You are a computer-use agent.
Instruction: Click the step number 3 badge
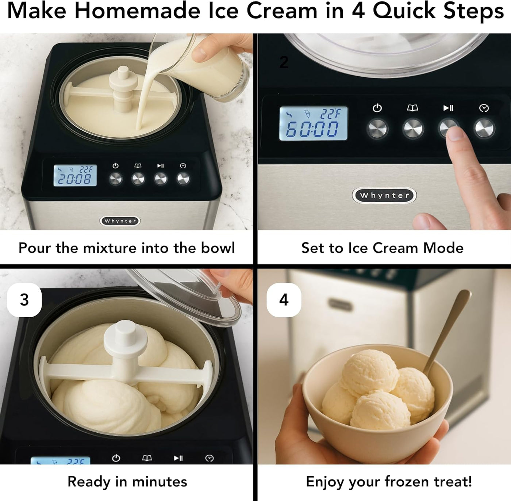[x=24, y=300]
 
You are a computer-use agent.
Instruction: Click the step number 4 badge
[x=284, y=300]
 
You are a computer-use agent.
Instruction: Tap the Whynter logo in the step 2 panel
[x=384, y=195]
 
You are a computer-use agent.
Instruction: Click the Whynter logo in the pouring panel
[x=120, y=221]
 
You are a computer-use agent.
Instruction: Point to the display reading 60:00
[x=313, y=124]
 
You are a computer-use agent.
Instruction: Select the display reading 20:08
[x=75, y=175]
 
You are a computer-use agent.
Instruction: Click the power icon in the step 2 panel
[x=377, y=108]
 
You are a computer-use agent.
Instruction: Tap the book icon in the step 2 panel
[x=412, y=108]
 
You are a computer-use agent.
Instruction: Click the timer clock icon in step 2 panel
[x=484, y=108]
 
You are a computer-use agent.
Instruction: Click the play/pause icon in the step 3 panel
[x=178, y=458]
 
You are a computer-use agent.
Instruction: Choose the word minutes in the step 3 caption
[x=160, y=482]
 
